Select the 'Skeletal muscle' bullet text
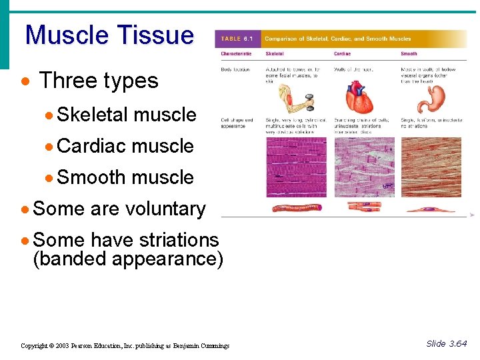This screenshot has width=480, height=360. click(x=126, y=115)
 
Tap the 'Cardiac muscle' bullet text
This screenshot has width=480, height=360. click(x=125, y=146)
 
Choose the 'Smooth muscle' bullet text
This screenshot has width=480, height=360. click(x=125, y=177)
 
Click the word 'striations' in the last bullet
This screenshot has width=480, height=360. click(x=176, y=240)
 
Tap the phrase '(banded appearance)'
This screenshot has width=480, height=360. click(x=128, y=258)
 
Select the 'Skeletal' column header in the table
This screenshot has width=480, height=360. click(x=275, y=53)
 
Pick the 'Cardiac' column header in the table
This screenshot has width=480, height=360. click(x=342, y=53)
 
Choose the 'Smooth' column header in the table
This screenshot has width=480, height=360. click(x=409, y=53)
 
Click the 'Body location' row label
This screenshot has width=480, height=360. click(x=237, y=69)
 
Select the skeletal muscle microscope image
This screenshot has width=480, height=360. click(x=297, y=167)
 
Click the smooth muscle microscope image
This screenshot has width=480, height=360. click(x=431, y=167)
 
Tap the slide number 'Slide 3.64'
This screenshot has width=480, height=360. click(x=446, y=344)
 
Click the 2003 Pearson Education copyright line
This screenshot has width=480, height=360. click(x=125, y=345)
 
